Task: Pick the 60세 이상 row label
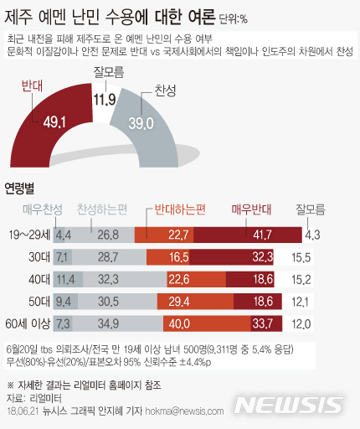(28, 323)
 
